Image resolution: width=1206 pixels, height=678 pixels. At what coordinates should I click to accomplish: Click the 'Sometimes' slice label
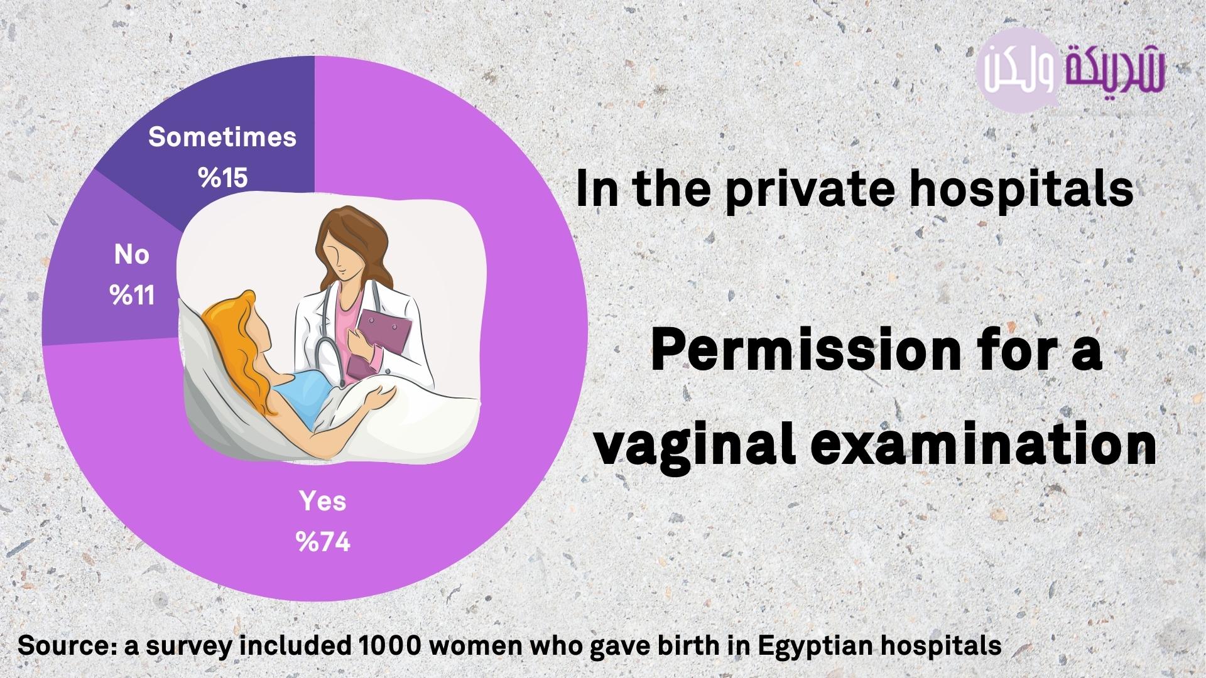click(x=222, y=137)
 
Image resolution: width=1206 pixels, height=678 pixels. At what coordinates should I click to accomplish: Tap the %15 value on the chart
click(x=223, y=178)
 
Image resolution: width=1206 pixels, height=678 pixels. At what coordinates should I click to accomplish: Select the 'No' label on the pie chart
click(x=132, y=254)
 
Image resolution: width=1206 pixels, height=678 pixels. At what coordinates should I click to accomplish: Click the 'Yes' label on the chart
click(x=323, y=501)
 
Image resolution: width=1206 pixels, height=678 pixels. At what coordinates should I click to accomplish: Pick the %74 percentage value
click(x=323, y=542)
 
